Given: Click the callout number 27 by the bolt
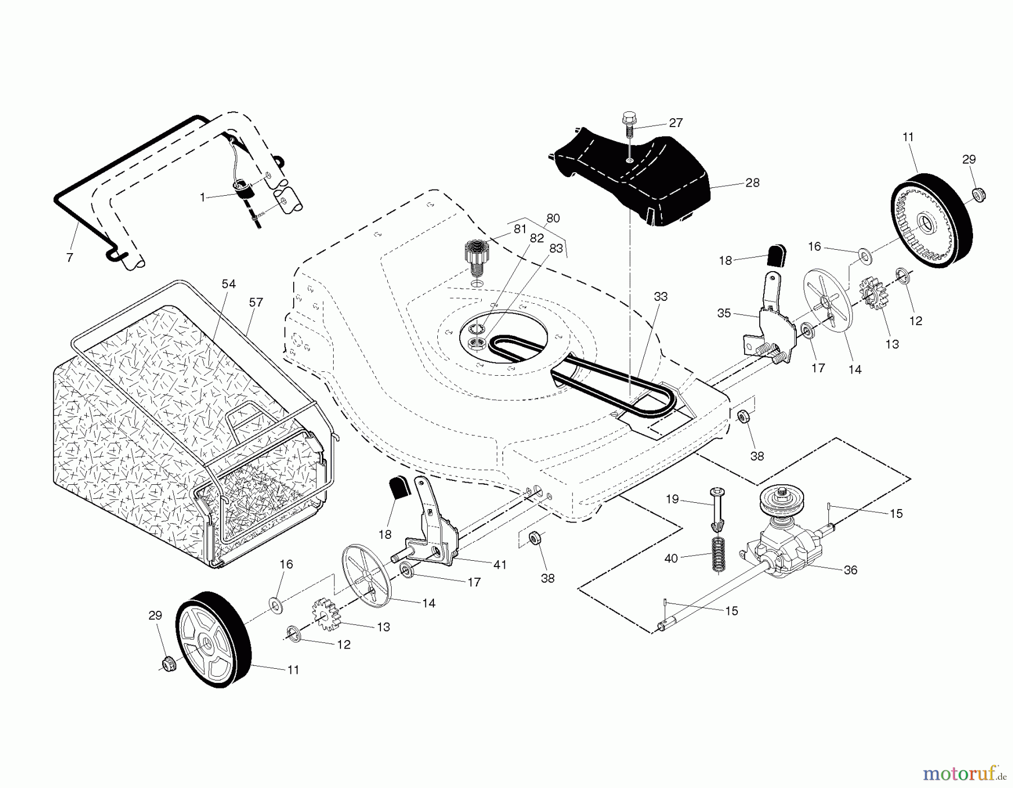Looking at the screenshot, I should coord(675,123).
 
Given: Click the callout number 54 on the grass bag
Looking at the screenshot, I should coord(228,284).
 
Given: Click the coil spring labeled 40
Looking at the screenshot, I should coord(718,555).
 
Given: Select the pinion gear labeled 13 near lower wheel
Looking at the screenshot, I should coord(325,616).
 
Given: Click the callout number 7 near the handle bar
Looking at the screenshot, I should coord(70,258).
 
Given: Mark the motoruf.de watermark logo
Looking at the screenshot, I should coord(963,775).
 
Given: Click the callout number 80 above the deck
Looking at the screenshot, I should coord(553,218).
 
